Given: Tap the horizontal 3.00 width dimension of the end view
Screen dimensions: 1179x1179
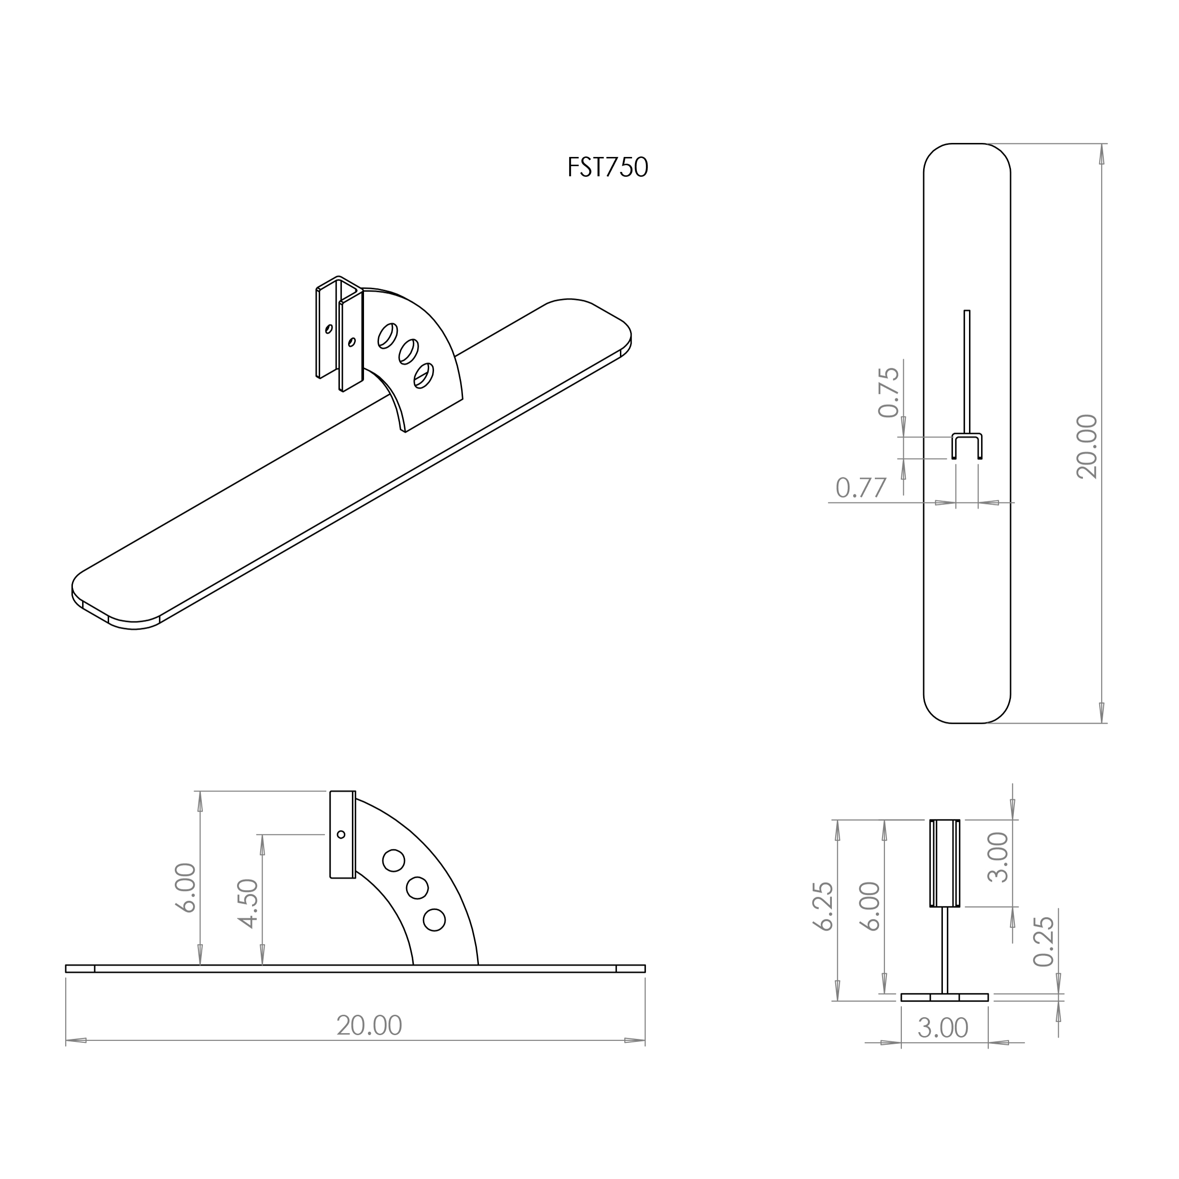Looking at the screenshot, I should point(943,1028).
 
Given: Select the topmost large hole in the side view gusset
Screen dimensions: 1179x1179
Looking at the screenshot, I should point(393,860).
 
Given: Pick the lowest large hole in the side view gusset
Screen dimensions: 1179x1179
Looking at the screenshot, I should point(434,920).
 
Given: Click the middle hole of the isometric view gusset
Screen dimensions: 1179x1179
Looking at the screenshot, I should point(408,351).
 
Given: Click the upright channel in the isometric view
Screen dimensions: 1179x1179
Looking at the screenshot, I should point(339,333).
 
